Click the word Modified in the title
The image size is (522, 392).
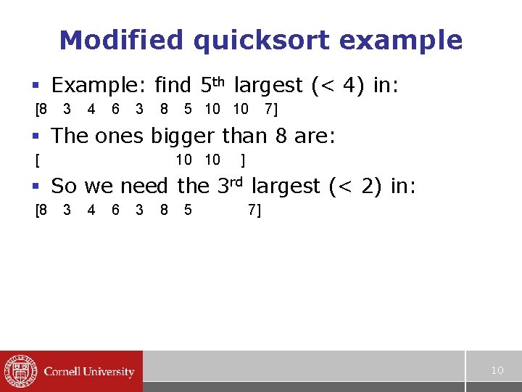click(109, 40)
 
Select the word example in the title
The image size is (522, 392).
click(399, 41)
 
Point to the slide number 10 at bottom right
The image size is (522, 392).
click(497, 371)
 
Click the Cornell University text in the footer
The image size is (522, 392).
click(89, 372)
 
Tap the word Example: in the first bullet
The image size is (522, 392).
click(99, 86)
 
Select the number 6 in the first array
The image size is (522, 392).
click(116, 110)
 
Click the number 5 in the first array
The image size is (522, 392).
click(188, 110)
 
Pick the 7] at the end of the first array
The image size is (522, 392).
click(271, 110)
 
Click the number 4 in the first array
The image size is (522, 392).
click(91, 110)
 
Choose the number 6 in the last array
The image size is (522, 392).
click(116, 211)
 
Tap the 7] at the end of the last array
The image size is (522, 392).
click(254, 211)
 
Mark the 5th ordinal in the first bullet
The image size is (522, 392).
click(212, 85)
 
